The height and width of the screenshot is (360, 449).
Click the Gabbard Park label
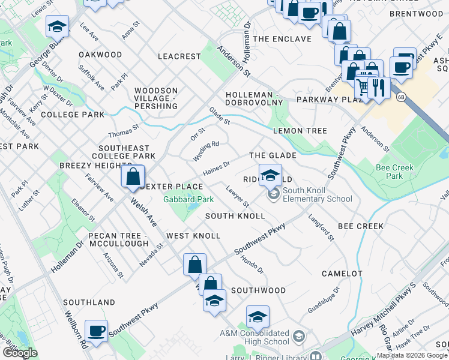[188, 199]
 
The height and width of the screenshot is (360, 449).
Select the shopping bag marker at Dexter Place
[133, 177]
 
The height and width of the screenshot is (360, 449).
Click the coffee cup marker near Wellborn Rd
[96, 331]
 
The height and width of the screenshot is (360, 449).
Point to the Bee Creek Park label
[394, 172]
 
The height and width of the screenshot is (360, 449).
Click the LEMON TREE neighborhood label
[300, 131]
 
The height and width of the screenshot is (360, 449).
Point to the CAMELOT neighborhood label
[342, 274]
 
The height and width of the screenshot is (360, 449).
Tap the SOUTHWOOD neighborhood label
[259, 290]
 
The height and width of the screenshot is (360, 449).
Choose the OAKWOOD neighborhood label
[100, 55]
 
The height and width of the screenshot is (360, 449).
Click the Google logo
[20, 352]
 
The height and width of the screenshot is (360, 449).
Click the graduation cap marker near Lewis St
[57, 26]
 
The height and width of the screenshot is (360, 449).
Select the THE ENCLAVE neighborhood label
[282, 39]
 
